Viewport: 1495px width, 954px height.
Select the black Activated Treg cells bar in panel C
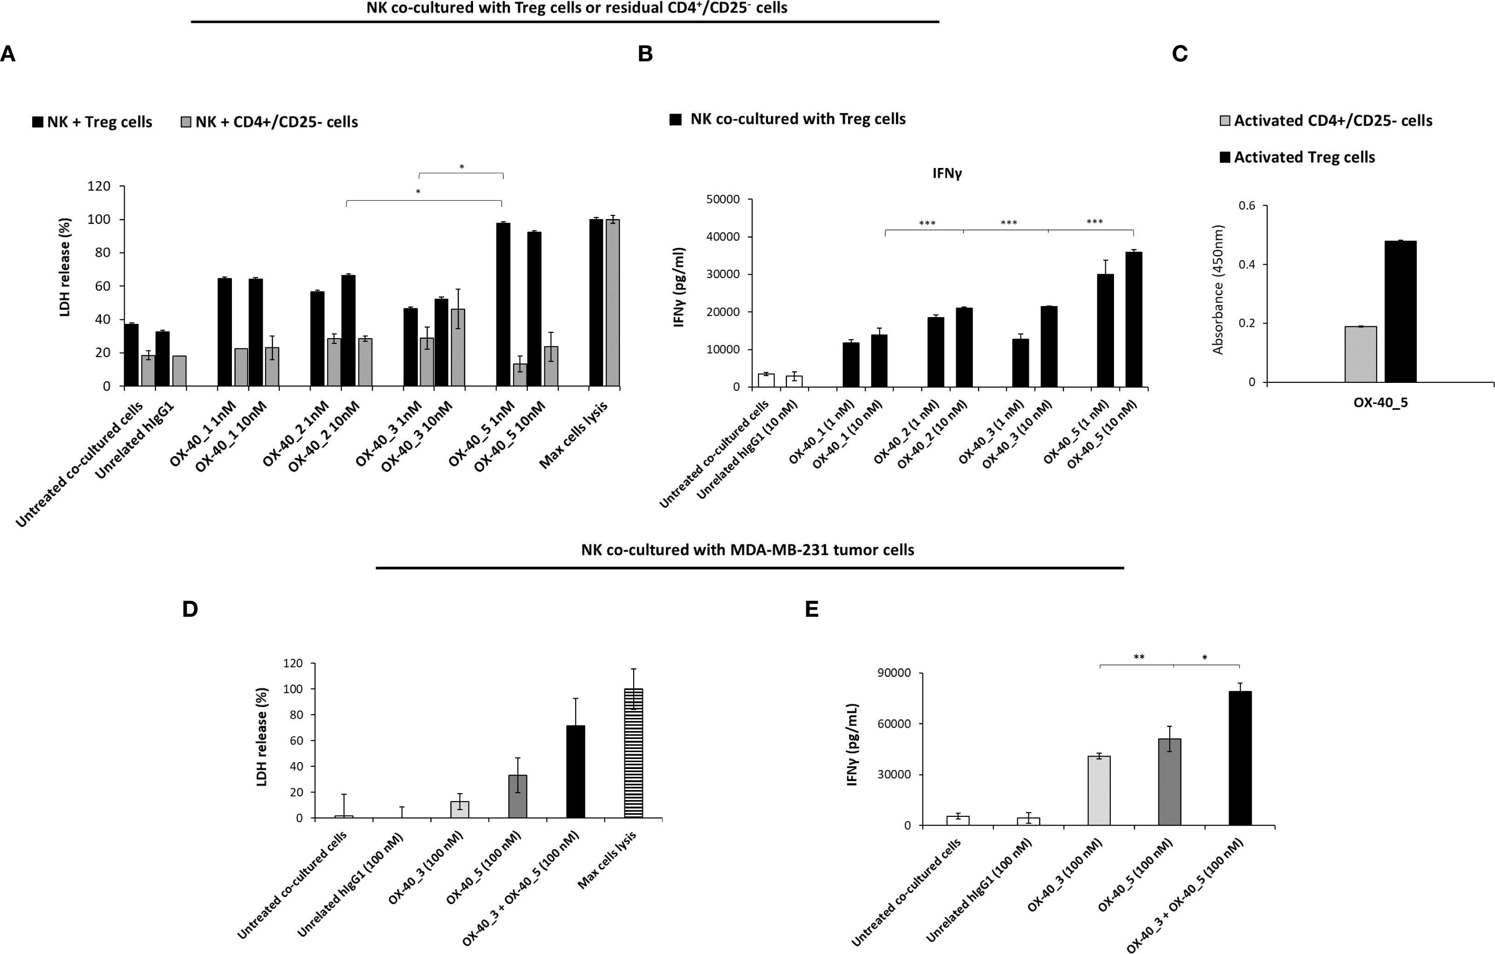pyautogui.click(x=1400, y=311)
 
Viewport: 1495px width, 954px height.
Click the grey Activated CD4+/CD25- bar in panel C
pyautogui.click(x=1360, y=354)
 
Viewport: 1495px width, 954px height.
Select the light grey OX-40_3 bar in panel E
pyautogui.click(x=1099, y=790)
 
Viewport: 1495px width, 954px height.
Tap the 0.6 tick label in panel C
pyautogui.click(x=1247, y=206)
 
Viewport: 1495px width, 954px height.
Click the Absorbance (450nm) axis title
pyautogui.click(x=1218, y=290)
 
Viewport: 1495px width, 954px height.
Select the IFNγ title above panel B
pyautogui.click(x=947, y=173)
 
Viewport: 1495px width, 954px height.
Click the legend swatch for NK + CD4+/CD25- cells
pyautogui.click(x=185, y=122)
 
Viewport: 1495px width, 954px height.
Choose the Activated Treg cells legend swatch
pyautogui.click(x=1225, y=158)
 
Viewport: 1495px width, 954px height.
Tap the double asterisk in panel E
pyautogui.click(x=1139, y=658)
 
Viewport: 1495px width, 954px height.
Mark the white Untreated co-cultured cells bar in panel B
pyautogui.click(x=766, y=380)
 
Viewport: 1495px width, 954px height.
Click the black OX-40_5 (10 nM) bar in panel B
pyautogui.click(x=1133, y=319)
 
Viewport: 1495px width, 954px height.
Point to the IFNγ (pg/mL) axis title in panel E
pyautogui.click(x=852, y=746)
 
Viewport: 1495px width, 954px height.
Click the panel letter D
pyautogui.click(x=190, y=609)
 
